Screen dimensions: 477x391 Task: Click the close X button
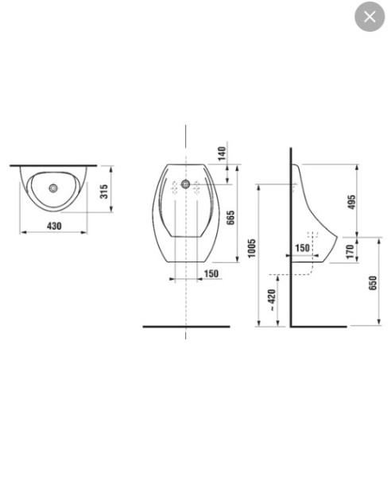[x=370, y=17]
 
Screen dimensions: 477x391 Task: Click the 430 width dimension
[x=54, y=227]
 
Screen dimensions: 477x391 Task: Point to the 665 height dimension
[x=230, y=217]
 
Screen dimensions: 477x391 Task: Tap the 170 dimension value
[x=350, y=251]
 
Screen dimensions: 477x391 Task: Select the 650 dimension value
[x=373, y=283]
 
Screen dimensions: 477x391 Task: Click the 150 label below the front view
[x=211, y=274]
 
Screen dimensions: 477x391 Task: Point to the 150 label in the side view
[x=303, y=248]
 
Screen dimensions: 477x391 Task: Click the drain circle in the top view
[x=53, y=189]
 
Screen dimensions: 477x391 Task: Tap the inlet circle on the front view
[x=186, y=184]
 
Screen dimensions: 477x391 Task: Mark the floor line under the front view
[x=186, y=327]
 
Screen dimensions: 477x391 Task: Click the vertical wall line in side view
[x=291, y=238]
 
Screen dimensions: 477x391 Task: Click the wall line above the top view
[x=53, y=166]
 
